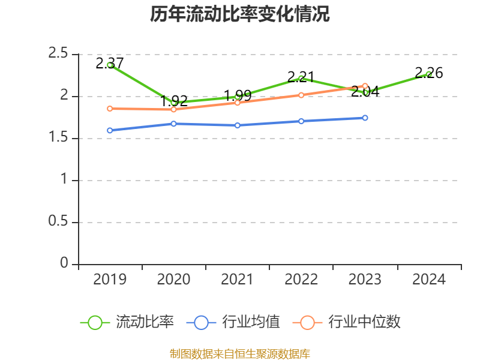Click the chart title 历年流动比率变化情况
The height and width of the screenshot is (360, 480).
click(240, 14)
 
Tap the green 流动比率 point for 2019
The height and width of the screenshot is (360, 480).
click(110, 65)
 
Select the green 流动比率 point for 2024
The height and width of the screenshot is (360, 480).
click(428, 74)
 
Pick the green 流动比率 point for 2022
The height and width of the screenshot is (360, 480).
click(301, 78)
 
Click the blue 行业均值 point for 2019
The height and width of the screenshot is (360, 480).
click(110, 130)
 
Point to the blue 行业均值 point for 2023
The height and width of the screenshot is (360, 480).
click(365, 118)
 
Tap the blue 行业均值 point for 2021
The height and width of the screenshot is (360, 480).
click(238, 125)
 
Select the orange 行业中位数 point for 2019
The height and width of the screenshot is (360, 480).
click(110, 109)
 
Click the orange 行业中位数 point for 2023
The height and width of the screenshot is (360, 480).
click(365, 86)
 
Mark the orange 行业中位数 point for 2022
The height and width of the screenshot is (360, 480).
click(301, 95)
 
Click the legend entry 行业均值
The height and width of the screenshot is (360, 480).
click(233, 322)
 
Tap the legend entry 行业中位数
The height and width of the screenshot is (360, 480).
click(346, 322)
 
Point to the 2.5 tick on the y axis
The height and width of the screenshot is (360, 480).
click(59, 54)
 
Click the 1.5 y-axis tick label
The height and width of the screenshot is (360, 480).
click(59, 138)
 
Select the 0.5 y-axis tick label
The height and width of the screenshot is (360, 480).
click(59, 222)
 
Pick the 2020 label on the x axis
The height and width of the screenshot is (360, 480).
click(173, 280)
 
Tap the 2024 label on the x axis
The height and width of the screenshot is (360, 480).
click(428, 280)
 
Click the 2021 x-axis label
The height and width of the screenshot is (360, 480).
click(238, 280)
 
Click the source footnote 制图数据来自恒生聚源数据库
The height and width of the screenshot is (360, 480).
click(240, 353)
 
